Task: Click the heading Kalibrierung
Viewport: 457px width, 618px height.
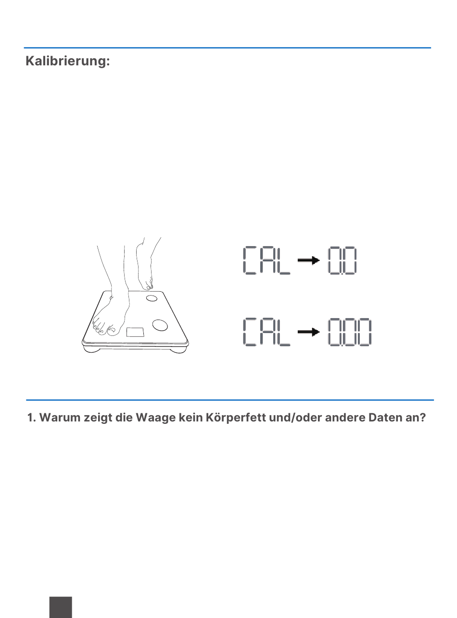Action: click(x=68, y=61)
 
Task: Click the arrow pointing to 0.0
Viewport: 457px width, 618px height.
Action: click(x=308, y=260)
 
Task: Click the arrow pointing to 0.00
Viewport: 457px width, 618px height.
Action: click(x=308, y=332)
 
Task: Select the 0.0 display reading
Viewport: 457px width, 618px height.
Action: click(x=343, y=260)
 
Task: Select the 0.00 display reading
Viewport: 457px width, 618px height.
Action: click(x=350, y=332)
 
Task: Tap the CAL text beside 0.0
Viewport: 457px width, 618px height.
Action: click(x=267, y=260)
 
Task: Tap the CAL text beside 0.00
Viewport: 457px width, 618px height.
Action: click(x=267, y=332)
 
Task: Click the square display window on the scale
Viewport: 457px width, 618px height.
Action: click(x=135, y=332)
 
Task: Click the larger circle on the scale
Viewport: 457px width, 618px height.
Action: click(x=160, y=325)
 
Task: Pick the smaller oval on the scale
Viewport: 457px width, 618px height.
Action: click(x=152, y=298)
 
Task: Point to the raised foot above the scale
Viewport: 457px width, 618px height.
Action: click(x=145, y=265)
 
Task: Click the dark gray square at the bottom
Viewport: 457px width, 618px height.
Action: click(x=61, y=607)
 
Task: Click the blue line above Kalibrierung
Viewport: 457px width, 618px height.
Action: click(x=228, y=48)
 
